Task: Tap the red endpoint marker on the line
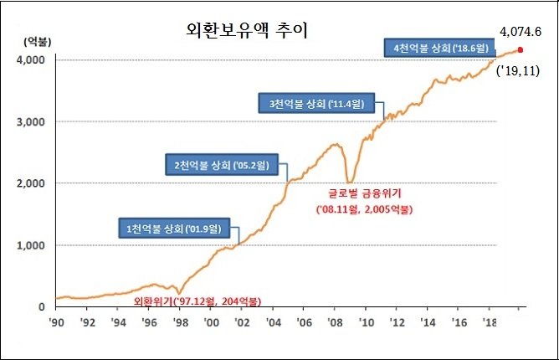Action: [x=520, y=49]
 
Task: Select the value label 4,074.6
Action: [x=521, y=31]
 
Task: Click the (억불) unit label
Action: [x=36, y=40]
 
